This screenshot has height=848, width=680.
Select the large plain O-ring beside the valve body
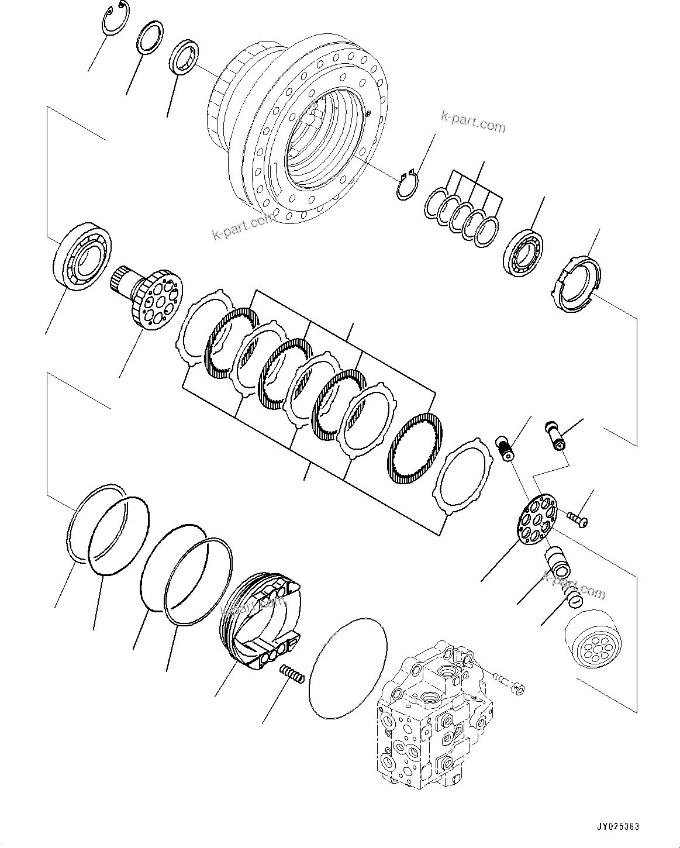pos(347,667)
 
